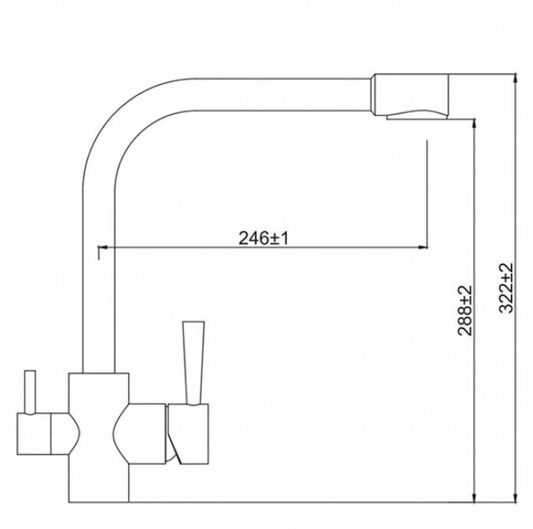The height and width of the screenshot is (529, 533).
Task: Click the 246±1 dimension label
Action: [263, 238]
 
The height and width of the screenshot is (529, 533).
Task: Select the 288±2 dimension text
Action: [465, 311]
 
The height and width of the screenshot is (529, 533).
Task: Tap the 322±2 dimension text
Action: [506, 288]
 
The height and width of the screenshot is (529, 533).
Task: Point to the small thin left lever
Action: [31, 393]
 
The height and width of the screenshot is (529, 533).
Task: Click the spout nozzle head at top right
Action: [411, 94]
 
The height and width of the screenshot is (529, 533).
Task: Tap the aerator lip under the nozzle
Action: [417, 117]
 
